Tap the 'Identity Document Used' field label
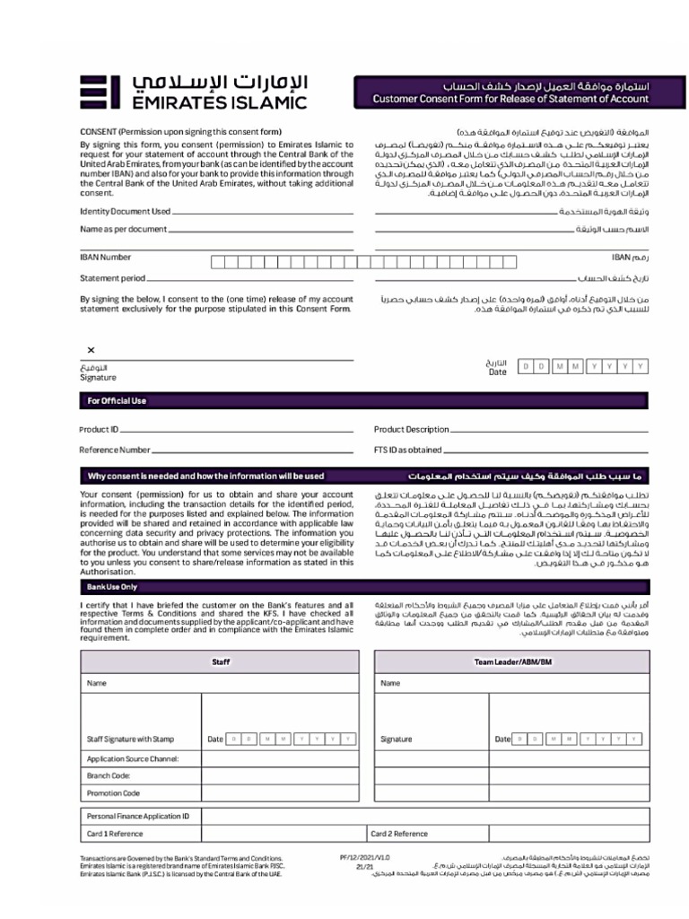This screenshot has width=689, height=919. click(125, 212)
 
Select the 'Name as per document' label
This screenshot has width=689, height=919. click(123, 230)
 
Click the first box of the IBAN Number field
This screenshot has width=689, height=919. click(217, 262)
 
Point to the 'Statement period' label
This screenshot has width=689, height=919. click(112, 279)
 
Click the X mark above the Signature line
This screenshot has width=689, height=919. click(91, 350)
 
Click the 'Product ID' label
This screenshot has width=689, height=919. click(99, 430)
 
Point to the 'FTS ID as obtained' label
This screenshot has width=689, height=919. click(408, 450)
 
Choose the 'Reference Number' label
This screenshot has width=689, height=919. click(115, 450)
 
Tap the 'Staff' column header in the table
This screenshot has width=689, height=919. click(221, 661)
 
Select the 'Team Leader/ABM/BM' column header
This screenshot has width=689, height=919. click(514, 661)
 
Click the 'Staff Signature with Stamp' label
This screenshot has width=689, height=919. click(130, 740)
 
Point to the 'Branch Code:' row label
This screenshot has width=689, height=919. click(109, 775)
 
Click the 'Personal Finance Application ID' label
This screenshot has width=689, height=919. click(138, 817)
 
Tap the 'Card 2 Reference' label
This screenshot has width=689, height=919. click(400, 834)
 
